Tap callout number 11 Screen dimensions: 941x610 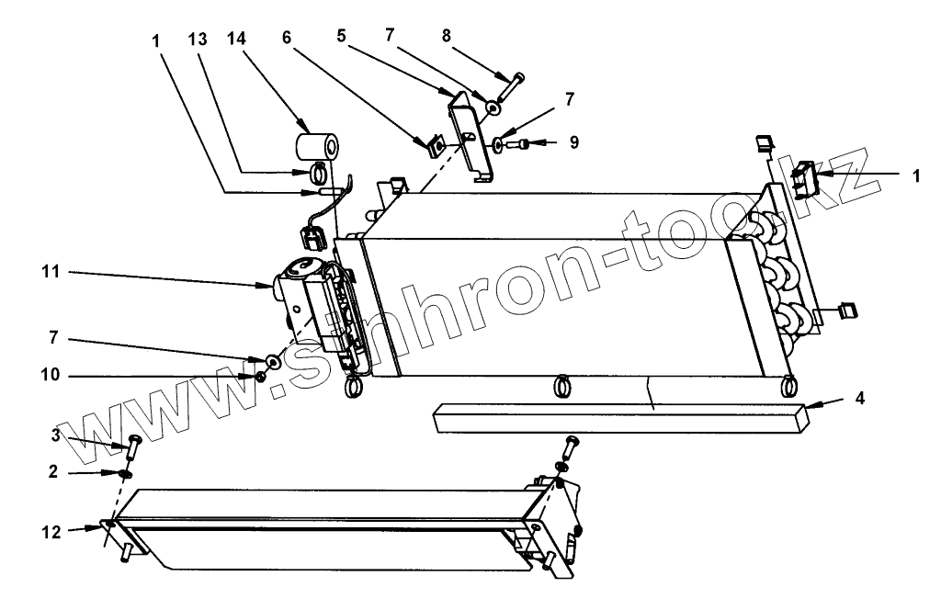click(x=51, y=272)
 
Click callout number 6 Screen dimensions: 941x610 click(x=289, y=40)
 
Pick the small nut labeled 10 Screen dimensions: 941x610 click(x=261, y=377)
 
